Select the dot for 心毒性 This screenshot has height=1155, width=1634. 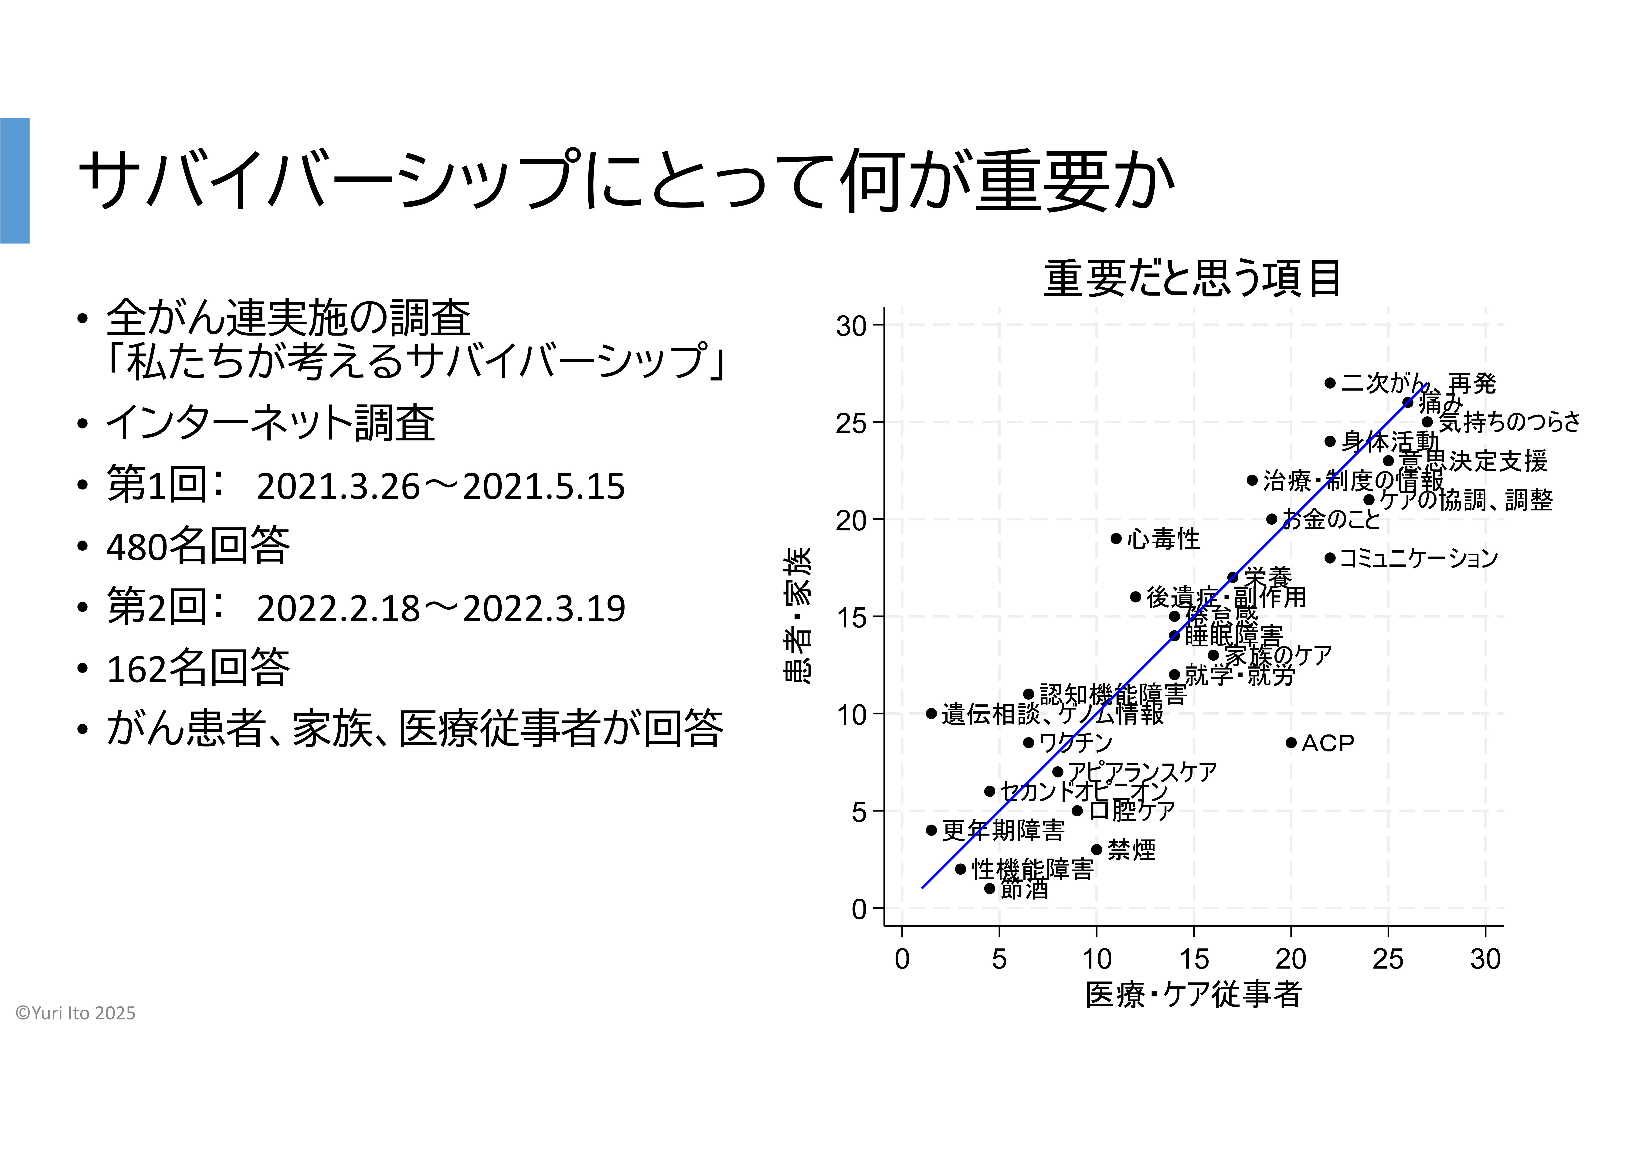pyautogui.click(x=1116, y=539)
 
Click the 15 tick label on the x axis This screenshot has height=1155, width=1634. pyautogui.click(x=1193, y=959)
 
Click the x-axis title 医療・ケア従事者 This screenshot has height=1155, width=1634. pyautogui.click(x=1193, y=994)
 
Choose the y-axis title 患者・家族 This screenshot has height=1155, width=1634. pyautogui.click(x=797, y=616)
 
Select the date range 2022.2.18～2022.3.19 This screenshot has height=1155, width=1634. pyautogui.click(x=441, y=608)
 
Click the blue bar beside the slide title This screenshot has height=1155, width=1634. pyautogui.click(x=15, y=181)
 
